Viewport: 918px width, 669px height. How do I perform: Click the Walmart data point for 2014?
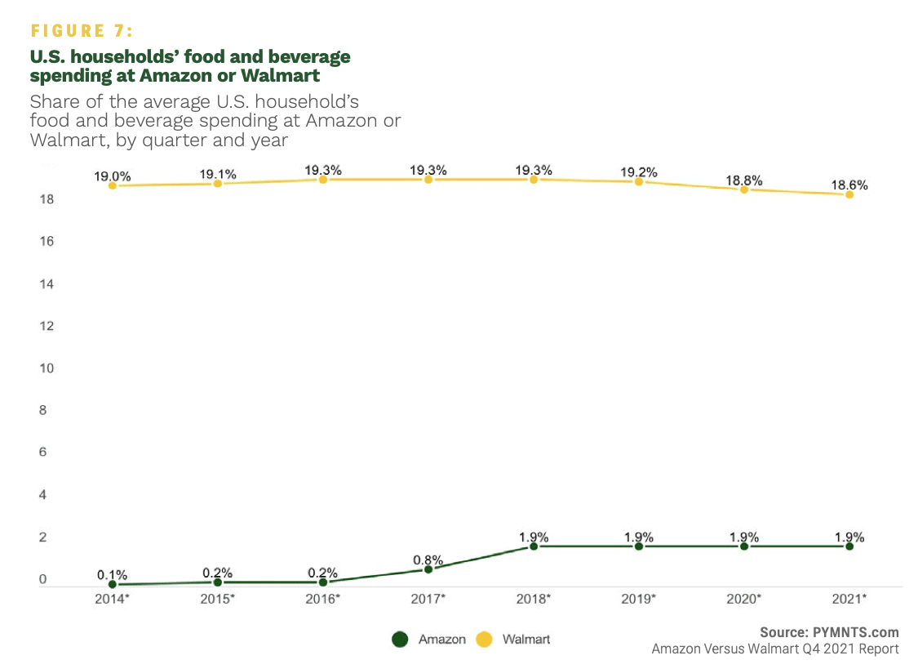[112, 185]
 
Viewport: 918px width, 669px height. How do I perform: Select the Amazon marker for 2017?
[428, 569]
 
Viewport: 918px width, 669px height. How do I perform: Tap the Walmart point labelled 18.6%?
[849, 194]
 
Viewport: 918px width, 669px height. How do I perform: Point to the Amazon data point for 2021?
[849, 546]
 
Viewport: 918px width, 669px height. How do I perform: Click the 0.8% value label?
[428, 560]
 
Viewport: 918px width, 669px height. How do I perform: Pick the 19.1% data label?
[218, 174]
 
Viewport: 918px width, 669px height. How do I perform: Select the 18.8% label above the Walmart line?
[744, 180]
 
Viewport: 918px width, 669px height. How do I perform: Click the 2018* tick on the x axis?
[534, 599]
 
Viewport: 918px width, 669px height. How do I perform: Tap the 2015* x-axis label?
[218, 599]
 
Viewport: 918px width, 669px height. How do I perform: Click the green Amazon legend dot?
[399, 639]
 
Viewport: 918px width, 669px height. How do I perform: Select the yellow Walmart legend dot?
[484, 639]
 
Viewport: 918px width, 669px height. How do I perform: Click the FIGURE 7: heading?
[82, 31]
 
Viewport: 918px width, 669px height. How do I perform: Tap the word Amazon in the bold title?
[173, 76]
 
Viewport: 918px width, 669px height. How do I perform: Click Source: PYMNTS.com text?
[829, 631]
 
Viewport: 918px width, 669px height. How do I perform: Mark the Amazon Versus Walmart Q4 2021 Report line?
[775, 649]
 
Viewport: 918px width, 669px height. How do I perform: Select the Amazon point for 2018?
[534, 546]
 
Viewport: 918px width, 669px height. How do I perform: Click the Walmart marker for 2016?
[323, 179]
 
